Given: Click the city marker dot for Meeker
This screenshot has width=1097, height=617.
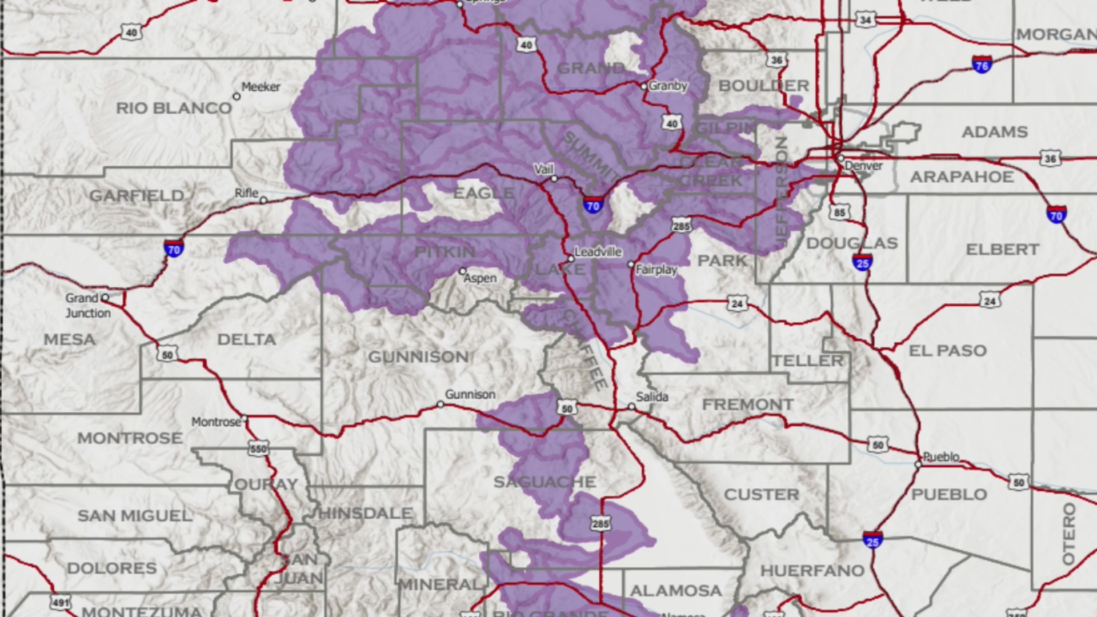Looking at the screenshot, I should click(x=237, y=97).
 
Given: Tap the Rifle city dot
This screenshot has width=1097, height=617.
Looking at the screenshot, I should click(x=263, y=201).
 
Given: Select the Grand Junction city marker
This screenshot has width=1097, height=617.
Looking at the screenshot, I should click(x=105, y=298).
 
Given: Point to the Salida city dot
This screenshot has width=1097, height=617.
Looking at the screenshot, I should click(x=631, y=407).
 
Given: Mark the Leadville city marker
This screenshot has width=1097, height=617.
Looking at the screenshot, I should click(x=570, y=259).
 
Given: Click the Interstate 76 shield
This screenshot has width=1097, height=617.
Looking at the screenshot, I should click(x=982, y=64).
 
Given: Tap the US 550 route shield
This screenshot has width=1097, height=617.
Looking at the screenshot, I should click(x=258, y=448).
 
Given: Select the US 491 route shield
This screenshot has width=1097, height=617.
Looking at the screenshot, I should click(x=61, y=602).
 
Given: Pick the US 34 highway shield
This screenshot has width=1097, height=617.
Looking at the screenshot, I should click(x=866, y=20).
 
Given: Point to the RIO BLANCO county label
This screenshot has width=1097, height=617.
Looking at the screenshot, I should click(x=174, y=108).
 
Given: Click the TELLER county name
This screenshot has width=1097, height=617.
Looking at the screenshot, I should click(x=807, y=360).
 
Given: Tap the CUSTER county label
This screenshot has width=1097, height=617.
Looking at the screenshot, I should click(x=761, y=494).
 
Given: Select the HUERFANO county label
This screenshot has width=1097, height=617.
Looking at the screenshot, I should click(x=812, y=570).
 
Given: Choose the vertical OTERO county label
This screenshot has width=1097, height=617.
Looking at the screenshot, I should click(x=1068, y=534).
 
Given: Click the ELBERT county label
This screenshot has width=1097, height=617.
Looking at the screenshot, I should click(x=1002, y=250).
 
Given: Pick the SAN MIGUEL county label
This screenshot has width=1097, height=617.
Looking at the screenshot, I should click(x=135, y=515).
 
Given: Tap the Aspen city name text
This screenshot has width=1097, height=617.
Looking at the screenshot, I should click(x=480, y=278).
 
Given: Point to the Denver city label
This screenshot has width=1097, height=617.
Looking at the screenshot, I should click(x=863, y=166).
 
